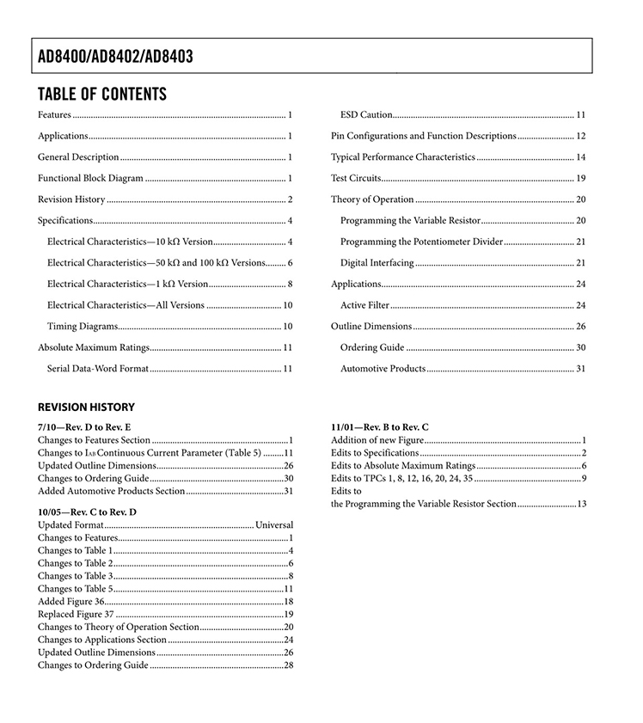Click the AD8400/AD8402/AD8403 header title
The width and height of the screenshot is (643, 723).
tap(115, 58)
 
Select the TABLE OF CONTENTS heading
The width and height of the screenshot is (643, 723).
tap(102, 94)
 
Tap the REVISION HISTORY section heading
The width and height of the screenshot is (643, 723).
tap(86, 407)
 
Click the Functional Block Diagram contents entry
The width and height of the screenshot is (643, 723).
tap(90, 178)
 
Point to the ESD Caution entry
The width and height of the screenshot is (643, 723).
tap(366, 114)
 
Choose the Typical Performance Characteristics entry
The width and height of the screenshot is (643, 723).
tap(402, 157)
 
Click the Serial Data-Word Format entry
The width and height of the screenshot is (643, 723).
tap(98, 368)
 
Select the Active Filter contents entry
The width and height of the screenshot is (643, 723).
tap(364, 305)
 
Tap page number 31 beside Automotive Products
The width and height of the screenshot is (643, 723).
tap(580, 368)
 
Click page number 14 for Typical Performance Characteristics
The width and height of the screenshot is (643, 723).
tap(580, 157)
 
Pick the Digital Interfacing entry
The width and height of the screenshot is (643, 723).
tap(377, 262)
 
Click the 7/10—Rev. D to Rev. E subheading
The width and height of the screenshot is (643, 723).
tap(84, 426)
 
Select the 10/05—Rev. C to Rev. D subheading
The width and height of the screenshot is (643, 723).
tap(87, 512)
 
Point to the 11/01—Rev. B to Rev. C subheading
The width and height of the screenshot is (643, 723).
tap(380, 426)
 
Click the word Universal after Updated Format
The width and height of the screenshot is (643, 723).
tap(274, 524)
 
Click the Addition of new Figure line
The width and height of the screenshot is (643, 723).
tap(377, 440)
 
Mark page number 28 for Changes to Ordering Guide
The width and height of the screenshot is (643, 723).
tap(289, 665)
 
